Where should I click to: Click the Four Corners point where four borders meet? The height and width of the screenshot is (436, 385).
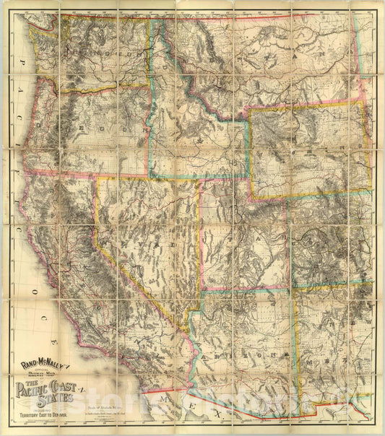[x=293, y=287]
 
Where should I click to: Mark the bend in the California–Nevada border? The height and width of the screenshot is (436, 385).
[x=97, y=243]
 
